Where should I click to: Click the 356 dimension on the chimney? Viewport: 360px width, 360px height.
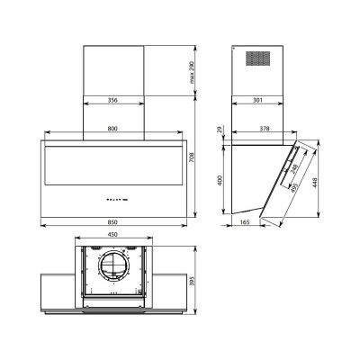click(112, 101)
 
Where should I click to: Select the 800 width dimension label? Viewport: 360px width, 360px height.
click(112, 130)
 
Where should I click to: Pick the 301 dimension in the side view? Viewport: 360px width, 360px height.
click(258, 101)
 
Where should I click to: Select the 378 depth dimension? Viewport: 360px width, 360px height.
click(262, 130)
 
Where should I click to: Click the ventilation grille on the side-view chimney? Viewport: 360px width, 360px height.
click(258, 58)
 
